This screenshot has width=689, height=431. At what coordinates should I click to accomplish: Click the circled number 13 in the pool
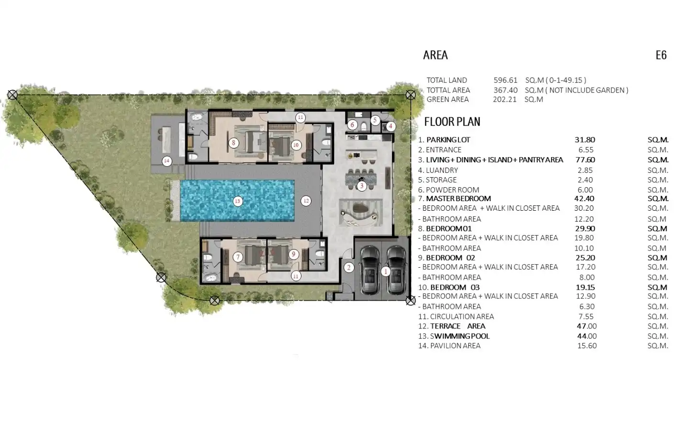coord(237,201)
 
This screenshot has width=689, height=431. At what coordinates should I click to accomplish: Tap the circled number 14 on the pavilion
coord(167,161)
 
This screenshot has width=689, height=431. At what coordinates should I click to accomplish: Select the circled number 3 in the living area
coord(362,186)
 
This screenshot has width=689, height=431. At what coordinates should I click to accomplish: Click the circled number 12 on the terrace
coord(306,201)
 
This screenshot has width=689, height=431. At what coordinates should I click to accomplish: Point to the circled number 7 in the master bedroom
coord(237,257)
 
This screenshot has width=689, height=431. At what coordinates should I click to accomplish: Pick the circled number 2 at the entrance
coord(349,268)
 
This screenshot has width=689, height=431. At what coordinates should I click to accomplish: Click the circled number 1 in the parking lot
coord(386,272)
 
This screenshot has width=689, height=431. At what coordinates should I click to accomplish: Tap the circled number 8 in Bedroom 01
coord(234,143)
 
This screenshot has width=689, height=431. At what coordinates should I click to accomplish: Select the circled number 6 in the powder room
coord(353,125)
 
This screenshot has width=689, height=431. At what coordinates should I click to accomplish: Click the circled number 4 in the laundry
coord(390,126)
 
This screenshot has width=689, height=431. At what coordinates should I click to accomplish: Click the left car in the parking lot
coord(370,270)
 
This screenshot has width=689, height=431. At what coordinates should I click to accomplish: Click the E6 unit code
coord(661,55)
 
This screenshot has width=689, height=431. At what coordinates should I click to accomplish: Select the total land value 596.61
coord(506,80)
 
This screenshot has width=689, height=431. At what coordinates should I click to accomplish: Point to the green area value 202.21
coord(505,100)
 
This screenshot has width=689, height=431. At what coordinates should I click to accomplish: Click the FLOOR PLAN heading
coord(452,122)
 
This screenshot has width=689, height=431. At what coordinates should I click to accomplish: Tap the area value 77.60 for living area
coord(585,160)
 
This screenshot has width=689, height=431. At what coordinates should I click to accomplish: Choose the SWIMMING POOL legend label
coord(460,336)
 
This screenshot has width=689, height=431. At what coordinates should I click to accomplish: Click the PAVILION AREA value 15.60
coord(587,346)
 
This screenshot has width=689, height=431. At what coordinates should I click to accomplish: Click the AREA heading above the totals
coord(435,55)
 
